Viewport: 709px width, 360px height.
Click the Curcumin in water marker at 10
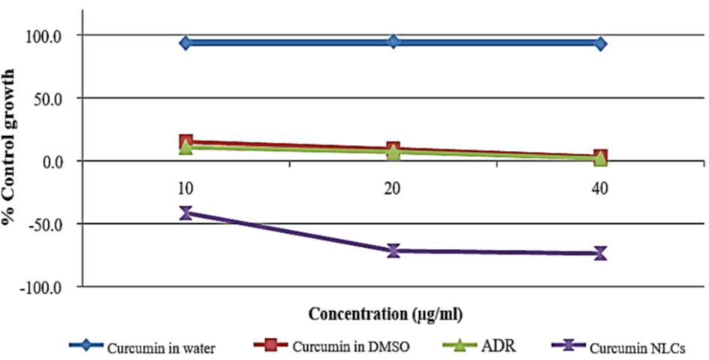(186, 43)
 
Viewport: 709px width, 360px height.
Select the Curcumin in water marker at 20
(393, 41)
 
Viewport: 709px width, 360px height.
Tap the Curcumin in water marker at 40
(600, 44)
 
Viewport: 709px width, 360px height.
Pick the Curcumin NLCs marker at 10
(186, 213)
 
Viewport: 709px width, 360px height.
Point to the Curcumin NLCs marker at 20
(393, 250)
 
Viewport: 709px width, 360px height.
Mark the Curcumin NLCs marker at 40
(600, 253)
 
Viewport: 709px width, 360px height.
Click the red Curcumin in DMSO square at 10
(186, 141)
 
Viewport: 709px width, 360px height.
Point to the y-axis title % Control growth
(11, 147)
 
